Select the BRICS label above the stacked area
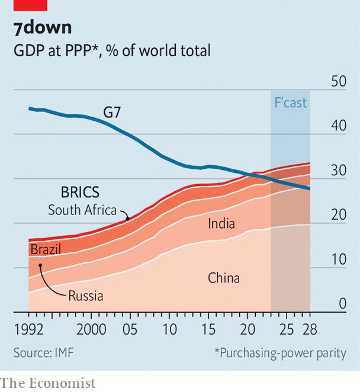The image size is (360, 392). coord(80,192)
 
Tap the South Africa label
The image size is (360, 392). coord(82,210)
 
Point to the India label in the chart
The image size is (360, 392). coord(221,223)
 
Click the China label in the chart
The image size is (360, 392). coord(224,277)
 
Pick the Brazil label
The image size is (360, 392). coord(46,249)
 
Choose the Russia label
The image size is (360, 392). coord(85,296)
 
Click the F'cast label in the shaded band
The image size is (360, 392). coord(290,102)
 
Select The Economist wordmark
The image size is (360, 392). coord(48,383)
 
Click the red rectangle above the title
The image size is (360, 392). coord(30,5)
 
